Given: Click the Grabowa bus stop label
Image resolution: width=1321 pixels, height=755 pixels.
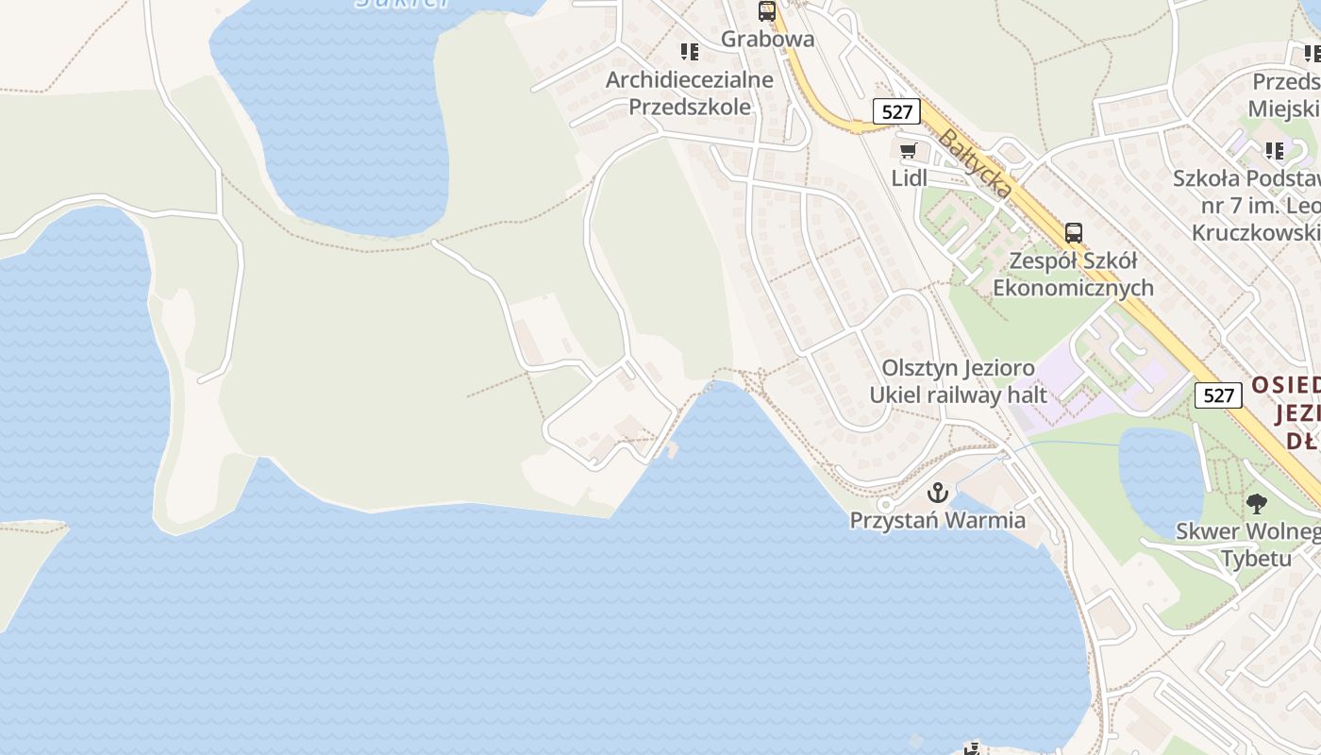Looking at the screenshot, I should pos(767,39).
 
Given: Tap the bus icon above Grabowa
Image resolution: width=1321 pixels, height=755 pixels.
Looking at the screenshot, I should pos(767,12).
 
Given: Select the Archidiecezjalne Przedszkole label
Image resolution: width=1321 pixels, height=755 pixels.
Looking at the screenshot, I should pos(690,92).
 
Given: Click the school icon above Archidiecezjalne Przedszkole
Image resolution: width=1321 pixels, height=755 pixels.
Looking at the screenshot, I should pos(690,52).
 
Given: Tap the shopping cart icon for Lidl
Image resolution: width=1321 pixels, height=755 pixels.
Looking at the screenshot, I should pos(908,151).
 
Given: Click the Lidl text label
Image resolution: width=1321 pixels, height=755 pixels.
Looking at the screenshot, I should pos(910,177).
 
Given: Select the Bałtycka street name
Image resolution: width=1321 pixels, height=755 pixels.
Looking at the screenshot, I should pos(976,164).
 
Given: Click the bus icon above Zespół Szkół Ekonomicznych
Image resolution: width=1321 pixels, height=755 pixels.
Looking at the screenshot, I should pos(1073,233).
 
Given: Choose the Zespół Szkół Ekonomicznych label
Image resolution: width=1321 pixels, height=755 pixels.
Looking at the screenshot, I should pos(1073,274).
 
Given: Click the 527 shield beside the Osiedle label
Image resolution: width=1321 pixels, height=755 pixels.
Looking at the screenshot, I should pos(1218,395).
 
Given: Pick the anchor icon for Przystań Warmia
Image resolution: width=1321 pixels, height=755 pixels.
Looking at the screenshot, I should pos(937,493).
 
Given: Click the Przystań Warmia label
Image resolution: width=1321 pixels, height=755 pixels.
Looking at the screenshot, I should pos(937,520).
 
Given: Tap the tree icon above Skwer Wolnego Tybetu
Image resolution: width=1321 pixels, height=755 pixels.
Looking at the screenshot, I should pos(1256,503).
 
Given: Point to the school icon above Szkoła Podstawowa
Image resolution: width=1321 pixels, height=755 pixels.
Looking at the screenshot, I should pos(1275,151).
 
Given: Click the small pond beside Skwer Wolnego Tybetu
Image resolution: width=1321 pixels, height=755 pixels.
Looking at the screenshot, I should pos(1159,477).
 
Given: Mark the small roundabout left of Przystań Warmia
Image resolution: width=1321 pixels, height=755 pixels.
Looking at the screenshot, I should pos(885,506).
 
